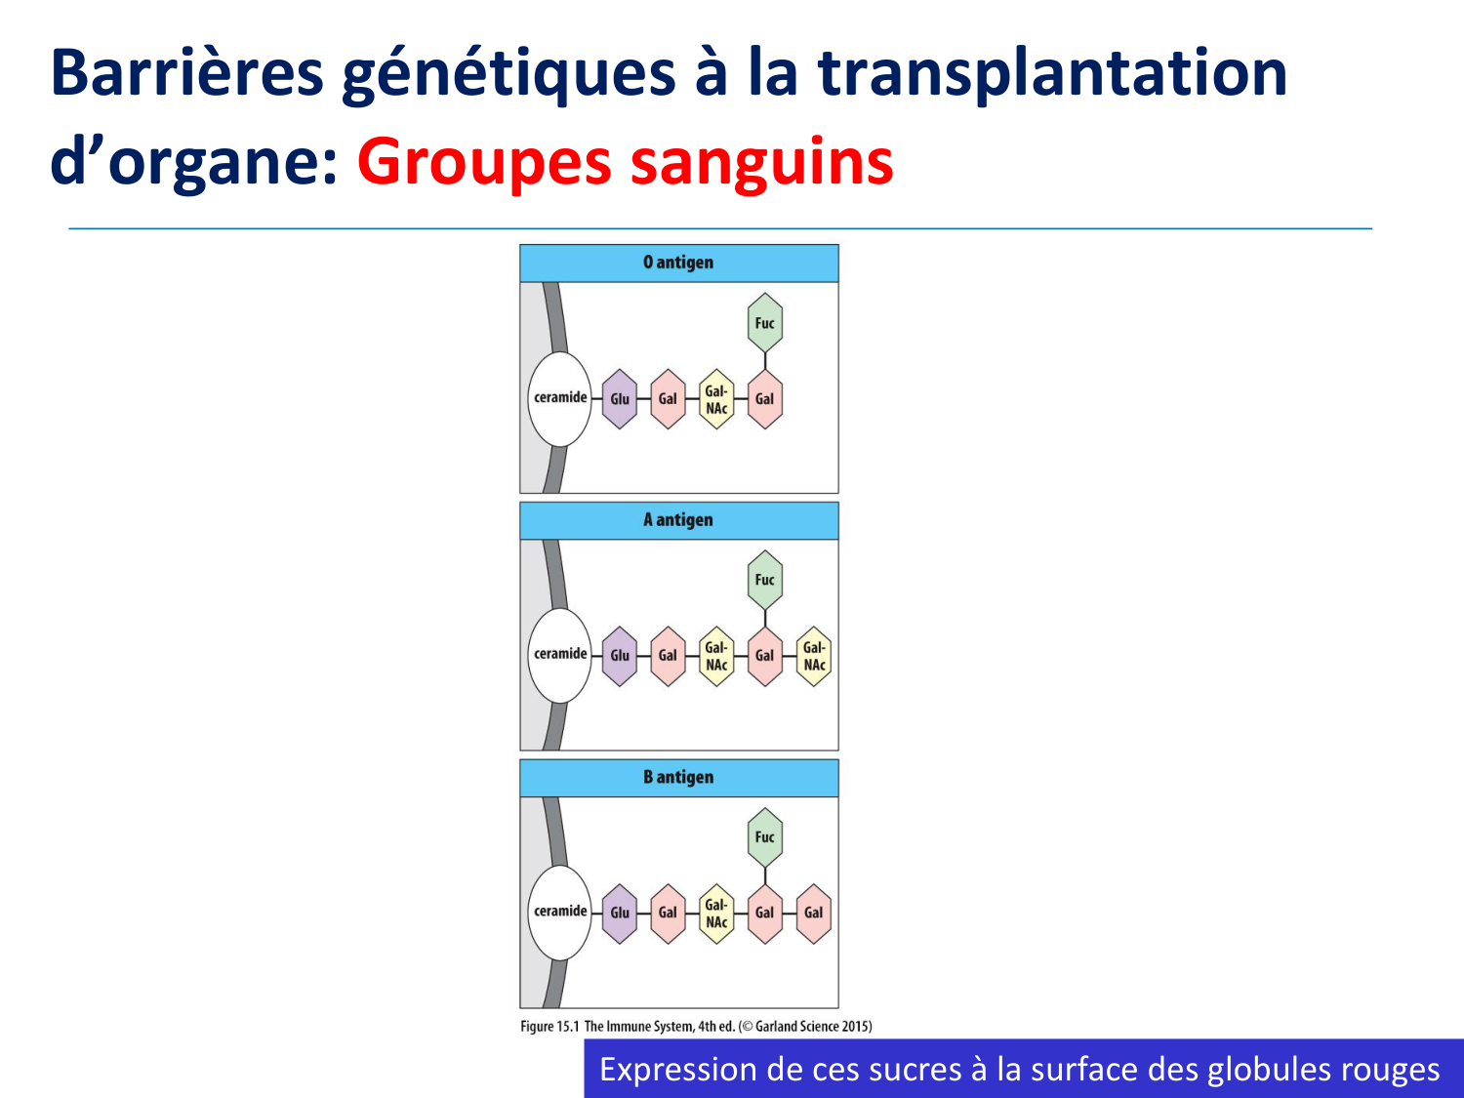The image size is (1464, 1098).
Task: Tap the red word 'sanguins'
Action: click(x=761, y=162)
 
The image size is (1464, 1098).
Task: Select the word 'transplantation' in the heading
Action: click(x=1052, y=73)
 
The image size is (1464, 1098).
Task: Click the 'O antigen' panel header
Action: click(x=679, y=263)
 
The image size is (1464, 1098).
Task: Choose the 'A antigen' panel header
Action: click(x=679, y=520)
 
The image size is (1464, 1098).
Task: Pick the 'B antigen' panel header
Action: click(x=679, y=777)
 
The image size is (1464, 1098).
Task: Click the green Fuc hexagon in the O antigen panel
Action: click(x=765, y=323)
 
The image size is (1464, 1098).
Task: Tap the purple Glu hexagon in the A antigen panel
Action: click(x=620, y=656)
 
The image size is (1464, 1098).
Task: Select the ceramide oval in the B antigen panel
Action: click(x=559, y=912)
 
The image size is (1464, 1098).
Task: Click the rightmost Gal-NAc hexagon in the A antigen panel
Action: click(x=814, y=656)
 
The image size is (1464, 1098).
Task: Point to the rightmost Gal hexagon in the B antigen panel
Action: click(x=814, y=914)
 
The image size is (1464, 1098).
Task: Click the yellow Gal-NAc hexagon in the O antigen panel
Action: click(x=716, y=398)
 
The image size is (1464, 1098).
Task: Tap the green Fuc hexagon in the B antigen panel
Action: click(x=765, y=837)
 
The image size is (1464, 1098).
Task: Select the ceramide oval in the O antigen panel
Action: click(x=559, y=398)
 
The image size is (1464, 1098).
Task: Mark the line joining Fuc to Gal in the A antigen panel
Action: click(x=765, y=618)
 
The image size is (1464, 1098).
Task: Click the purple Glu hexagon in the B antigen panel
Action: click(x=620, y=914)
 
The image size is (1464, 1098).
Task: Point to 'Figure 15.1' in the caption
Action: click(x=549, y=1026)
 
